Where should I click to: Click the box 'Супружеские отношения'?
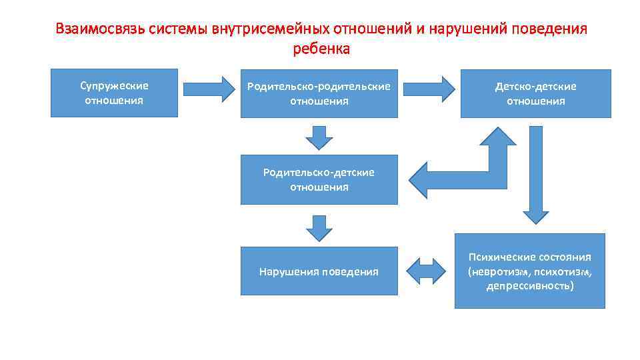pos(114,93)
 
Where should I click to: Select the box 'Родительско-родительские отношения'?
pos(319,93)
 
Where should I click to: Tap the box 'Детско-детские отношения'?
pos(535,93)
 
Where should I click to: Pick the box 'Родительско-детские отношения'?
pos(319,179)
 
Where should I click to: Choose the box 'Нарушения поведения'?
pos(319,271)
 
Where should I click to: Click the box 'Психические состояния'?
pos(530,271)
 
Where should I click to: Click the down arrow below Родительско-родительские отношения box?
pos(319,137)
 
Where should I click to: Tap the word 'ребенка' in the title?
pos(321,49)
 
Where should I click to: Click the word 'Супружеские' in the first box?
pos(114,86)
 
